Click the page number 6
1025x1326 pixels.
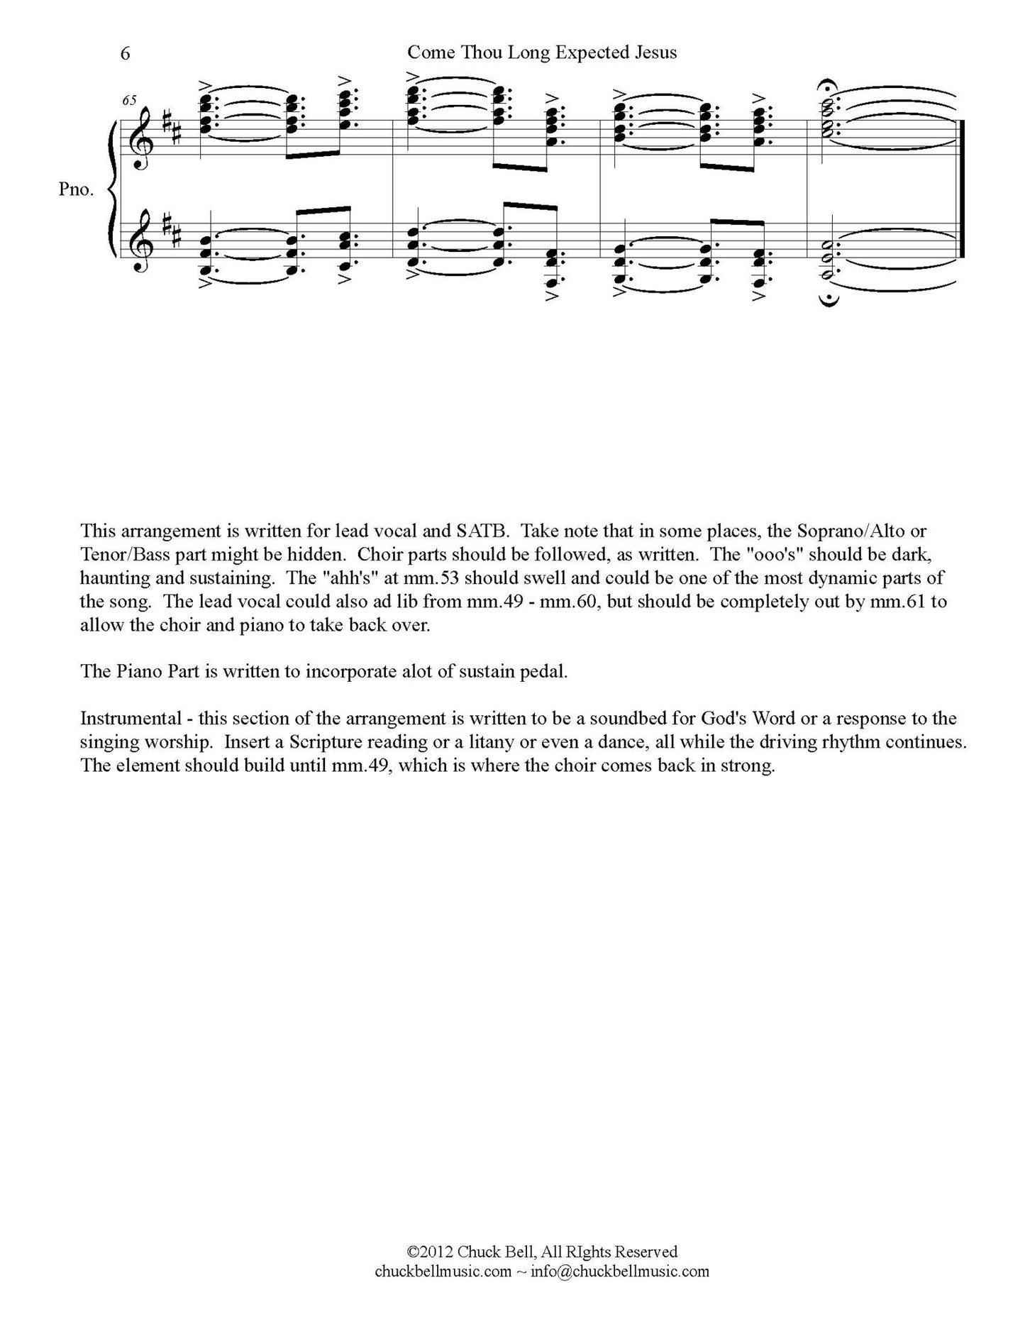pos(126,54)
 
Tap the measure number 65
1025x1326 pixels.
pos(129,100)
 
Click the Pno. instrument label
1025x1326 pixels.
pos(77,190)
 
